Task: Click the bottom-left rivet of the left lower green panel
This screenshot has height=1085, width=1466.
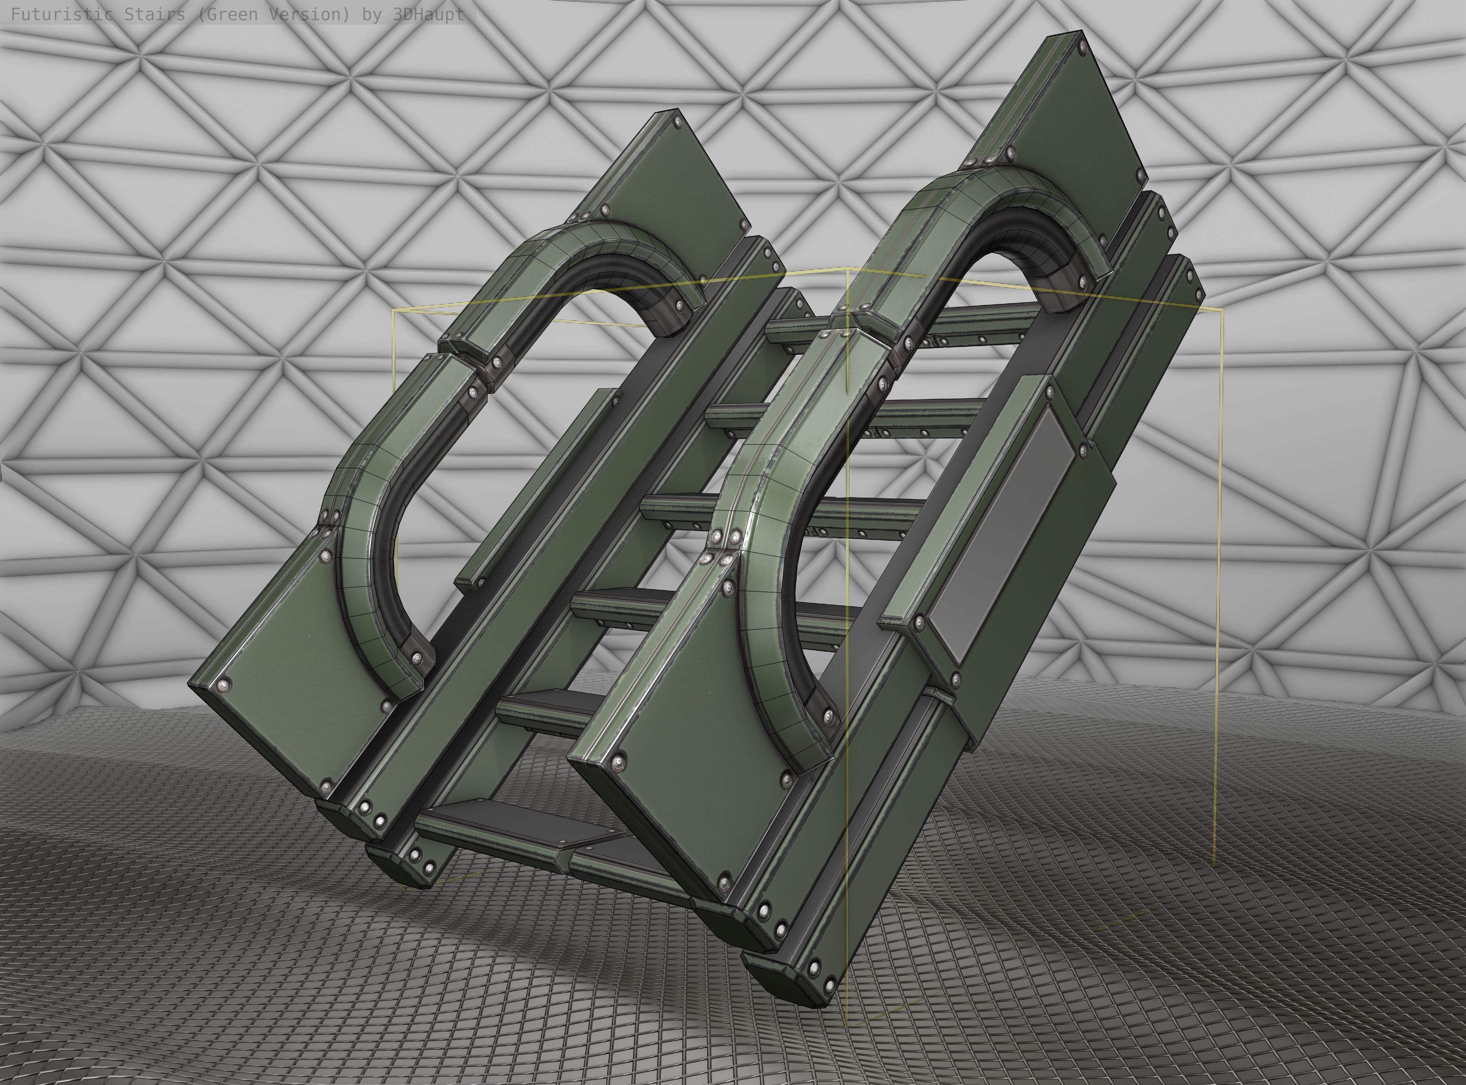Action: (327, 785)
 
